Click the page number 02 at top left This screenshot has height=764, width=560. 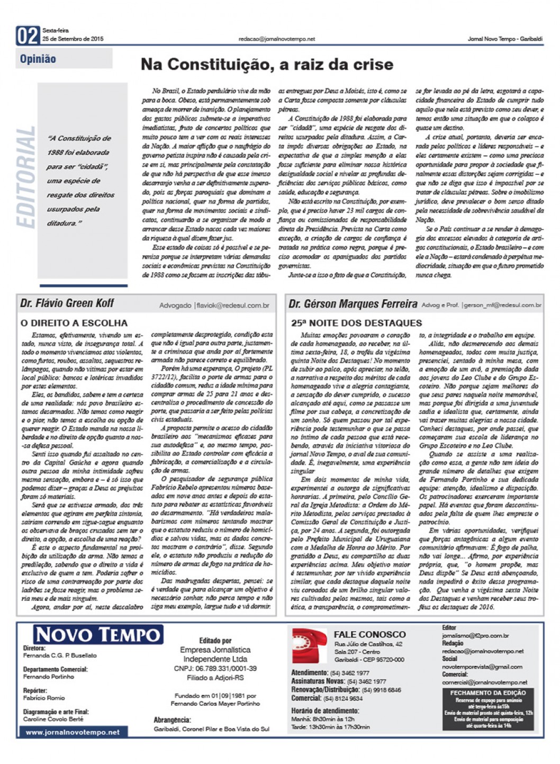pyautogui.click(x=28, y=35)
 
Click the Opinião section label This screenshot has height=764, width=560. pyautogui.click(x=38, y=59)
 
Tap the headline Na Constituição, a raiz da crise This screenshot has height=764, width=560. pyautogui.click(x=267, y=65)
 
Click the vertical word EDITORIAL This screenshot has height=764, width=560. pyautogui.click(x=26, y=177)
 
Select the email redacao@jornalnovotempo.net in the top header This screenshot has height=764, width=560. pyautogui.click(x=277, y=39)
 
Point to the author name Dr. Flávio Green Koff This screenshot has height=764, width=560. pyautogui.click(x=67, y=303)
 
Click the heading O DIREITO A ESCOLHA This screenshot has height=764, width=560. pyautogui.click(x=74, y=322)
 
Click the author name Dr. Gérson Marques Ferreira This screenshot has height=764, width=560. pyautogui.click(x=353, y=304)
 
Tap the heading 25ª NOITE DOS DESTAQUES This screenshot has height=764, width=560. pyautogui.click(x=356, y=322)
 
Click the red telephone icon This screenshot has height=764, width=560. pyautogui.click(x=310, y=645)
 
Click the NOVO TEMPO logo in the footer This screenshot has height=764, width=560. pyautogui.click(x=98, y=634)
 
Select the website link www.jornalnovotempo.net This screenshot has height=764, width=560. pyautogui.click(x=73, y=732)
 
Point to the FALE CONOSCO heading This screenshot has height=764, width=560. pyautogui.click(x=369, y=634)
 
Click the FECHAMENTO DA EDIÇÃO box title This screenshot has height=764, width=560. pyautogui.click(x=488, y=693)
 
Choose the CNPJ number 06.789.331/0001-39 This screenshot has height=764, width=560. pyautogui.click(x=215, y=669)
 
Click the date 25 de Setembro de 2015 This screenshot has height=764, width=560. pyautogui.click(x=73, y=39)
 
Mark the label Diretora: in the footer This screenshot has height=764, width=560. pyautogui.click(x=34, y=648)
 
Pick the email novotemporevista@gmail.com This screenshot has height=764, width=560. pyautogui.click(x=482, y=667)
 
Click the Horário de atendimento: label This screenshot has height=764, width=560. pyautogui.click(x=324, y=711)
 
